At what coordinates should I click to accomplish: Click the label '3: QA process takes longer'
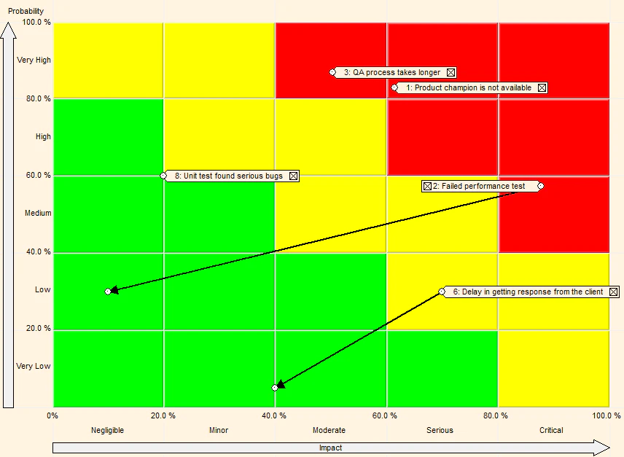392,72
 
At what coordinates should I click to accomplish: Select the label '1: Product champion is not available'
469,87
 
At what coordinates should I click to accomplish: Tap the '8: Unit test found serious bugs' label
228,176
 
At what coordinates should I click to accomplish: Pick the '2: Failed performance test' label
479,186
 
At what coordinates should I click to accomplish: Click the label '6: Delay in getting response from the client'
528,292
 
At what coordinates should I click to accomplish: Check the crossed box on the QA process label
451,72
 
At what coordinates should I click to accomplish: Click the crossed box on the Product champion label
542,87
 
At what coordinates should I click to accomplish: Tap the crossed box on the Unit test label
293,176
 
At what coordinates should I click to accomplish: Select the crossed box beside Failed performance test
427,186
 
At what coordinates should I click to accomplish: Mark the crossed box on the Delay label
614,292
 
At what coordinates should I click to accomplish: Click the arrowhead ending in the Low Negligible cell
114,289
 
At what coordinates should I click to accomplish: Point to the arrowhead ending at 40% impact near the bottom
281,384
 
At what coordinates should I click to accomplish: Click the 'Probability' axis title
26,11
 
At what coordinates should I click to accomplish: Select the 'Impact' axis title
330,448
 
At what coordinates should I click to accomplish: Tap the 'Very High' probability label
34,60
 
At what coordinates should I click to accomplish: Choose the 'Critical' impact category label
551,430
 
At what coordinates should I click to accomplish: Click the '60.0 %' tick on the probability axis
39,175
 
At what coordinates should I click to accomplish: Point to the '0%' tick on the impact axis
52,415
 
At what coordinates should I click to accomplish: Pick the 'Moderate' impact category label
329,430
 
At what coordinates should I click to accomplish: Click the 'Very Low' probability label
34,366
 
